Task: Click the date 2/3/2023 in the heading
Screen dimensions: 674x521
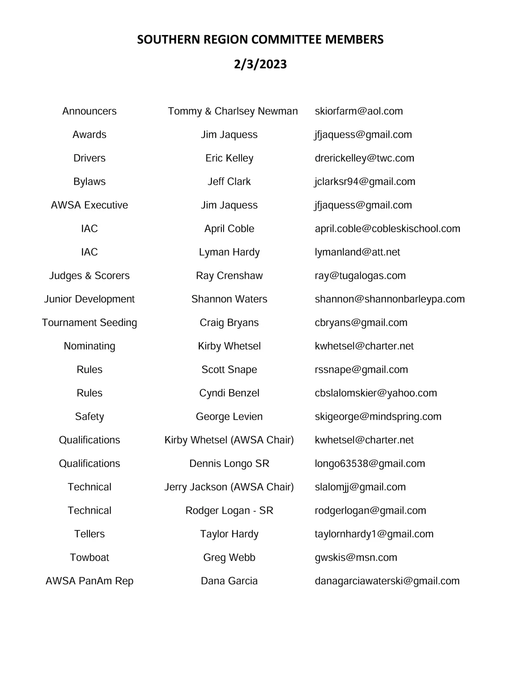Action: point(260,64)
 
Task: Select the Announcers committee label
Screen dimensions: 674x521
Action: point(89,111)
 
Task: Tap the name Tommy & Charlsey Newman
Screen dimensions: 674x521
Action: point(233,111)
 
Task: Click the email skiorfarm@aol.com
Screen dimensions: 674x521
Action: point(359,111)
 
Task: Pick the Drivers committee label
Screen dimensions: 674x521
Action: point(89,158)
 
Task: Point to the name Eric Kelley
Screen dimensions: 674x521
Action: point(229,158)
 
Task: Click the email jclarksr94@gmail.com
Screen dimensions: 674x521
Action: point(365,181)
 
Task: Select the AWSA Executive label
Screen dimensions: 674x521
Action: point(89,205)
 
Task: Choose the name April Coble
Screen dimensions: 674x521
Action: point(229,228)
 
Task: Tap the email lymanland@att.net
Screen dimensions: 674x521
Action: point(357,252)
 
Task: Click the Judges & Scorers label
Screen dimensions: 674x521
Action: point(89,276)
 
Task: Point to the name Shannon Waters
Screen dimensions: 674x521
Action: point(229,299)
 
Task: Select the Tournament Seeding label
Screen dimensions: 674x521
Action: point(89,322)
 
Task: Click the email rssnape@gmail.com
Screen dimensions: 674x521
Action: point(361,369)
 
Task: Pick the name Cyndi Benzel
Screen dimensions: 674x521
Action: point(229,393)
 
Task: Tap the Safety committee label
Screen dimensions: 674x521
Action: point(89,416)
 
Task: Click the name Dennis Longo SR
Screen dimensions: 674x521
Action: point(229,464)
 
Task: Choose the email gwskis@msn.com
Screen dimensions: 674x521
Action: point(356,557)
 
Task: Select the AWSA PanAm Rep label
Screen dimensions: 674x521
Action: point(89,581)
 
